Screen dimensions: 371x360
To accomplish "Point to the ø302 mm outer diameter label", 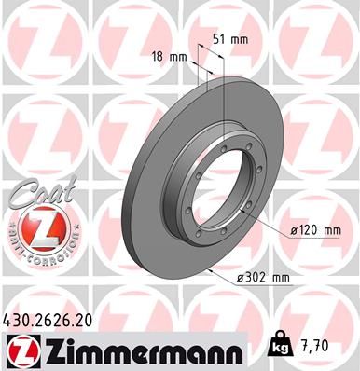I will (263, 277).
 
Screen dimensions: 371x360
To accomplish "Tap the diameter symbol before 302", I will (242, 277).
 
